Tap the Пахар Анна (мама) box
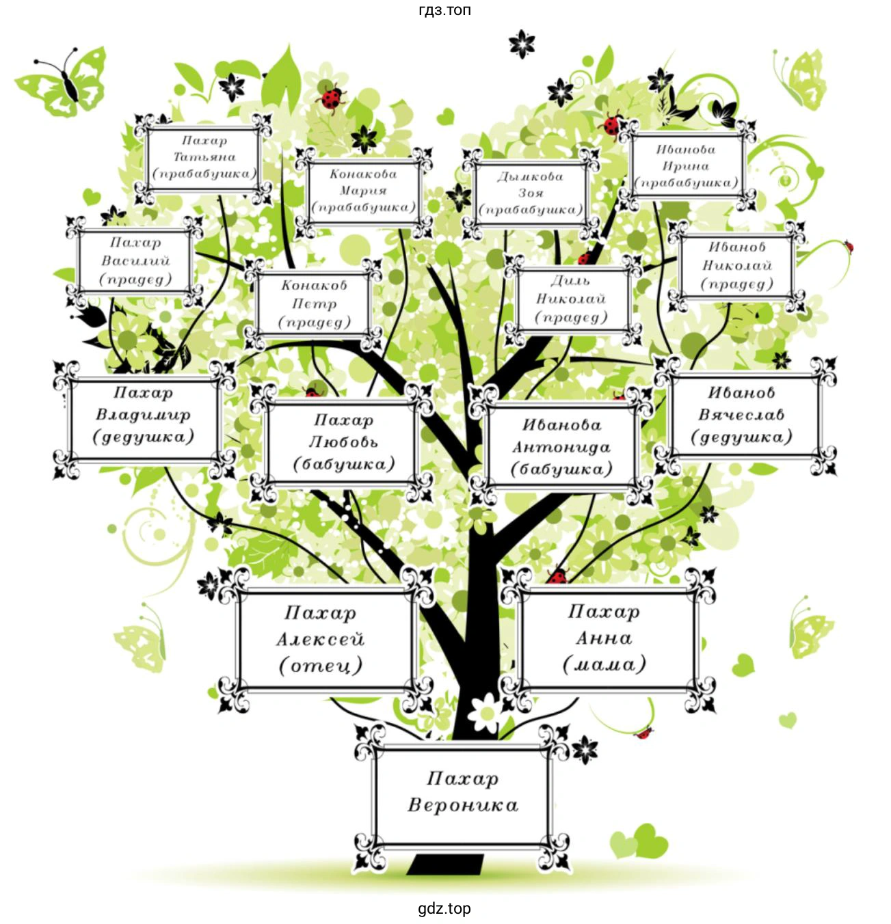pyautogui.click(x=608, y=639)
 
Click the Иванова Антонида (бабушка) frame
pyautogui.click(x=561, y=446)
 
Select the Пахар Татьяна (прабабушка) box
pyautogui.click(x=203, y=159)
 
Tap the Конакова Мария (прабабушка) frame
pyautogui.click(x=364, y=192)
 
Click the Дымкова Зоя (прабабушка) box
pyautogui.click(x=531, y=193)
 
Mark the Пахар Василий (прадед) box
pyautogui.click(x=135, y=261)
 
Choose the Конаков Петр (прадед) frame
pyautogui.click(x=314, y=304)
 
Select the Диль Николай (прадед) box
pyautogui.click(x=573, y=299)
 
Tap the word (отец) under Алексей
pyautogui.click(x=320, y=666)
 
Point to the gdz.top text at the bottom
pyautogui.click(x=444, y=908)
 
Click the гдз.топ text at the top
pyautogui.click(x=444, y=10)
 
